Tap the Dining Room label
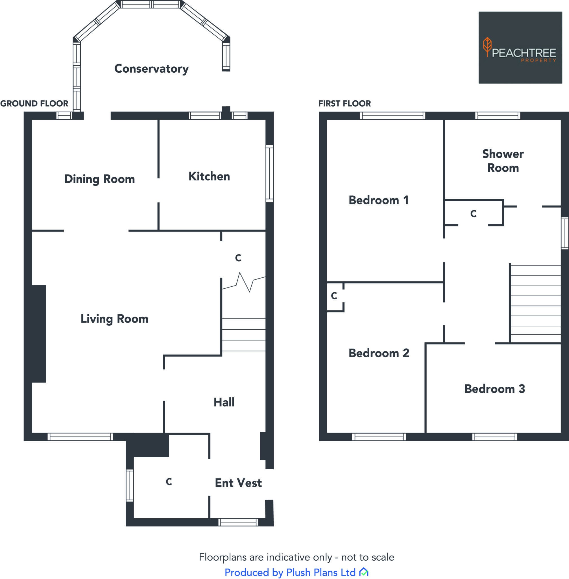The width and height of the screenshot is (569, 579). pos(99,179)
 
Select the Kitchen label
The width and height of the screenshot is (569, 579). pos(209,176)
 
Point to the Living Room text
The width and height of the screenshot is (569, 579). pos(114,319)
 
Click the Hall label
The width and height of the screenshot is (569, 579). pos(224,402)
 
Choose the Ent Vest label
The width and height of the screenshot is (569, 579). pos(238,483)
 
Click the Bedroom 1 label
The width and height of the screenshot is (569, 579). pos(378,200)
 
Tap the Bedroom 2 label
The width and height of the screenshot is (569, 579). pos(379,353)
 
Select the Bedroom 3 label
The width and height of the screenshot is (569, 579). pos(494,389)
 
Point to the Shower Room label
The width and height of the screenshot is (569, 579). pos(503,161)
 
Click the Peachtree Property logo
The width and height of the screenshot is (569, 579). pos(520,47)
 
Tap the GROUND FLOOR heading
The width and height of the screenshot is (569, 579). pos(34,103)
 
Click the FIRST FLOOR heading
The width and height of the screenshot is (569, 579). pos(344,103)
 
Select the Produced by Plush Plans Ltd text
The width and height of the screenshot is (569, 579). pos(290,572)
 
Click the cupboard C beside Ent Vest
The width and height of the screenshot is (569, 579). pos(169,481)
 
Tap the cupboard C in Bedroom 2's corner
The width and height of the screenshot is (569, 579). pos(334,296)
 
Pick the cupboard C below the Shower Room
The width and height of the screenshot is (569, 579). pos(473,214)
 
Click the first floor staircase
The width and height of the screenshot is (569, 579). pos(535,304)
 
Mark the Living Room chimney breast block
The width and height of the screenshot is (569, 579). pos(39,334)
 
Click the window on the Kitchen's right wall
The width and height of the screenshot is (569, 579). pos(269,174)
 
